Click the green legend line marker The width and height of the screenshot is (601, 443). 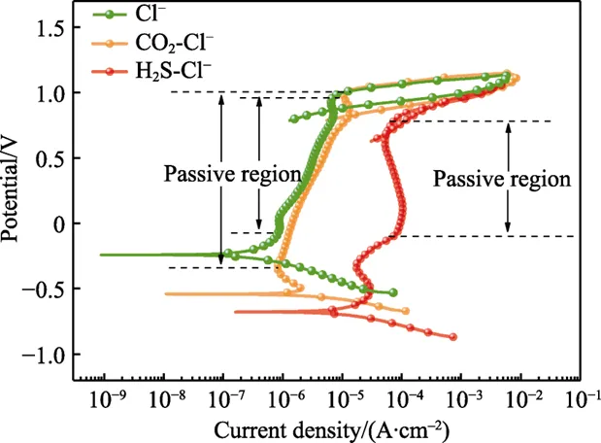point(108,16)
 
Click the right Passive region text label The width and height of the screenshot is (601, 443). point(502,180)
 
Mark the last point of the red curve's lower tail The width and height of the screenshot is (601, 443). point(452,337)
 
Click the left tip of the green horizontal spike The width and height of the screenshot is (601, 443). point(100,255)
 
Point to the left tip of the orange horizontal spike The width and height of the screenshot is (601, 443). point(165,293)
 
